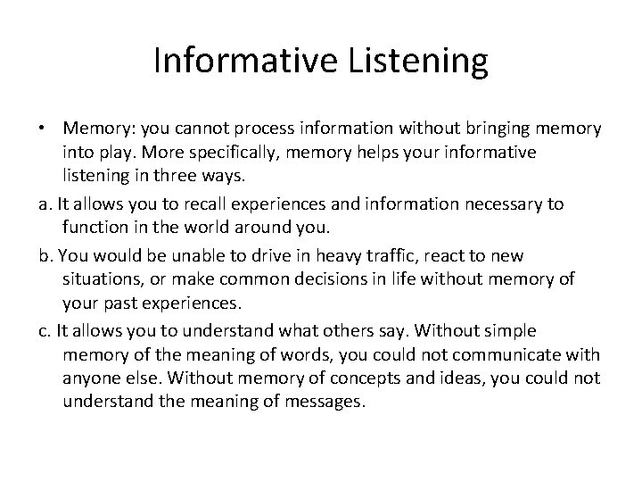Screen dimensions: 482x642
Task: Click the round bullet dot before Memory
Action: pos(44,130)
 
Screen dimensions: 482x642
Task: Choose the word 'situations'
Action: pos(102,279)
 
